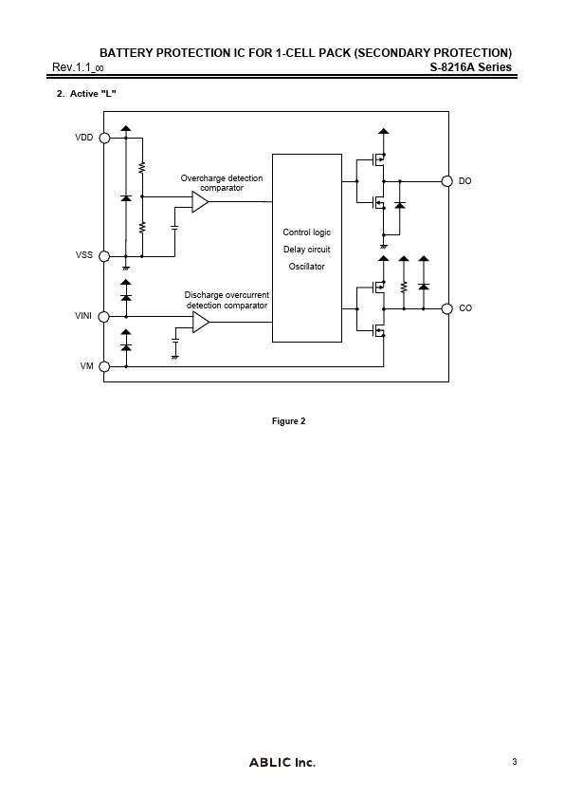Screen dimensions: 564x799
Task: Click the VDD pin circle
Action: pyautogui.click(x=104, y=138)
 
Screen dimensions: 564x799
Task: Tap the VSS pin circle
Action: pyautogui.click(x=104, y=256)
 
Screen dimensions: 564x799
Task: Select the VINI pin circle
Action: pyautogui.click(x=104, y=316)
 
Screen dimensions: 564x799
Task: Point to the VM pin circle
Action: pyautogui.click(x=104, y=366)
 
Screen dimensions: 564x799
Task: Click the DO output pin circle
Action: pyautogui.click(x=446, y=181)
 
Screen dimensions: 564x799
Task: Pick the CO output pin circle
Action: pyautogui.click(x=446, y=308)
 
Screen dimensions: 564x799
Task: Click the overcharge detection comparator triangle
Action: pyautogui.click(x=200, y=202)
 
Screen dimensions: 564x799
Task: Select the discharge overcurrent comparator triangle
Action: pyautogui.click(x=200, y=322)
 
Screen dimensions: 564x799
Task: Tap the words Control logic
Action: pyautogui.click(x=306, y=232)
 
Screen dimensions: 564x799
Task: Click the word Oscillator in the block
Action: pyautogui.click(x=306, y=267)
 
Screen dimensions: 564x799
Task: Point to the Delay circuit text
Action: pyautogui.click(x=306, y=250)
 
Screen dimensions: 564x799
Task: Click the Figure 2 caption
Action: pyautogui.click(x=288, y=421)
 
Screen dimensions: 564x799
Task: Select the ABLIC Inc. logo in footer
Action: pyautogui.click(x=282, y=762)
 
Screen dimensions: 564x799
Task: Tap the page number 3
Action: pyautogui.click(x=515, y=762)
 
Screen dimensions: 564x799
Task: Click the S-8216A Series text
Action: pyautogui.click(x=471, y=66)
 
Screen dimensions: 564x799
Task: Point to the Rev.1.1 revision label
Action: pyautogui.click(x=78, y=67)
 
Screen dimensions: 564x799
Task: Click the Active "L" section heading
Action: pyautogui.click(x=86, y=94)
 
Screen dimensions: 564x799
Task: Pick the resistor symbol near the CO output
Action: pyautogui.click(x=404, y=288)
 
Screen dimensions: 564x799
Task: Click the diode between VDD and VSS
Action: pyautogui.click(x=126, y=197)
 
